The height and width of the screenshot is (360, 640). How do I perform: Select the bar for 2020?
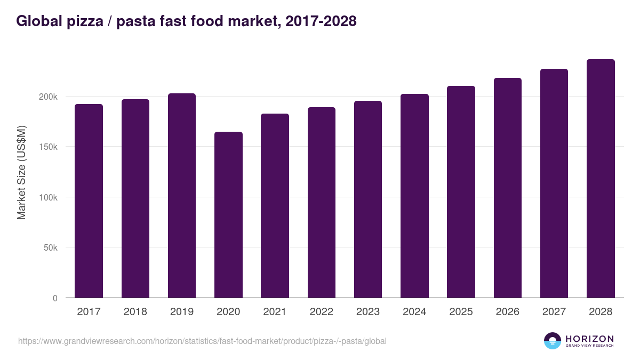coord(228,214)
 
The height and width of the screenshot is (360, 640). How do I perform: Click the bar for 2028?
coord(601,179)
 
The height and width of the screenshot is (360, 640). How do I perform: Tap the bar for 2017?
coord(89,201)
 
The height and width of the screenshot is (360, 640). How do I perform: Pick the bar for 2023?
coord(368,199)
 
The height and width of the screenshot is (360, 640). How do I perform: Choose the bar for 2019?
coord(182,195)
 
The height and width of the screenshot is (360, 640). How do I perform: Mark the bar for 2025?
coord(461,191)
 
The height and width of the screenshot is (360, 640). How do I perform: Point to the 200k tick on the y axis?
coord(47,97)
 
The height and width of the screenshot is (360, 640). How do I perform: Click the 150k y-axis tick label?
coord(47,147)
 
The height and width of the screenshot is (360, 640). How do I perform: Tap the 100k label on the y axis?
coord(47,197)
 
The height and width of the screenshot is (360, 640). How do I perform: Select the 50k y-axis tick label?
coord(50,247)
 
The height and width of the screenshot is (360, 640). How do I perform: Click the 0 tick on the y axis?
coord(55,298)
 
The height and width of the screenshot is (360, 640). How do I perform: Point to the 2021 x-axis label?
coord(275,312)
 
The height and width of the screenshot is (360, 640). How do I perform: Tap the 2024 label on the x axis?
coord(414,312)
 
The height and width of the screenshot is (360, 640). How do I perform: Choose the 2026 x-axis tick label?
coord(507,312)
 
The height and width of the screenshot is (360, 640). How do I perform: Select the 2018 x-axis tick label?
coord(135,312)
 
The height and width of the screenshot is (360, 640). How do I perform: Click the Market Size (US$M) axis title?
coord(21,172)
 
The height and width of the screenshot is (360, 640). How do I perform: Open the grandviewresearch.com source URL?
coord(202,341)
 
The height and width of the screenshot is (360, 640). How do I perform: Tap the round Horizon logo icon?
coord(553,341)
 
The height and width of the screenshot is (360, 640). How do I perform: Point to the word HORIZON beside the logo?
coord(589,339)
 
